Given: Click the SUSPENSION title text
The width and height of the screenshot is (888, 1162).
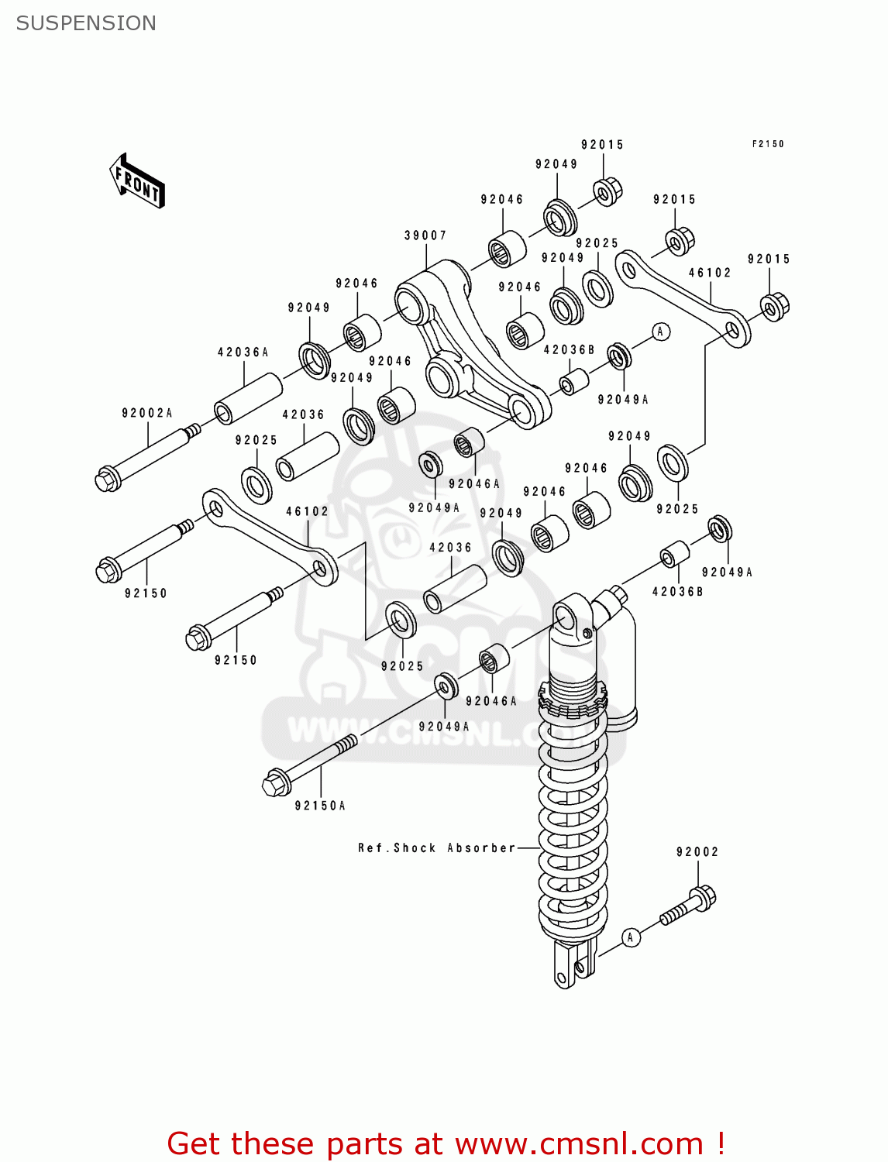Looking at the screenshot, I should click(86, 23).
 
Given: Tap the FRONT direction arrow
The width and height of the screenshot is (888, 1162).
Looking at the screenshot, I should click(137, 181).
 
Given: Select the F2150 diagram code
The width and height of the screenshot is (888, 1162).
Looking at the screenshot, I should click(767, 144).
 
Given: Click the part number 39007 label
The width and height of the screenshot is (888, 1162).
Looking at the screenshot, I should click(425, 235).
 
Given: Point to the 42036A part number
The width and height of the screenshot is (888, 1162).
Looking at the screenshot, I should click(243, 352).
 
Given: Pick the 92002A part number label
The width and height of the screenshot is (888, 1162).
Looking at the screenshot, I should click(147, 414).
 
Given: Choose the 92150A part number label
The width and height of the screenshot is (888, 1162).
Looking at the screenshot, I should click(320, 806).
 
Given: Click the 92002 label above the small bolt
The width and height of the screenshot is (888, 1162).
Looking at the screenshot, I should click(697, 852).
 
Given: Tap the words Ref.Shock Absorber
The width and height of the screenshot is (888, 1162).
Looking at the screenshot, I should click(436, 848).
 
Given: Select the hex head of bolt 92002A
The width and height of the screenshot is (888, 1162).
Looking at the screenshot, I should click(107, 480).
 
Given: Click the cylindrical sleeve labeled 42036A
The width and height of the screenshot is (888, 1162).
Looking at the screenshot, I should click(248, 398).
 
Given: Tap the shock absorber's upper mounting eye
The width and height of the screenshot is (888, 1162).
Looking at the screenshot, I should click(565, 617).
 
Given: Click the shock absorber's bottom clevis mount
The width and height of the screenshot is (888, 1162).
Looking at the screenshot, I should click(573, 964).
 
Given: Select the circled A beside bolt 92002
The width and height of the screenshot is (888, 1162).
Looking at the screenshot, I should click(631, 937).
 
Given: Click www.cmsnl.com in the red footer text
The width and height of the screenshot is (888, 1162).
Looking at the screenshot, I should click(579, 1143).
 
